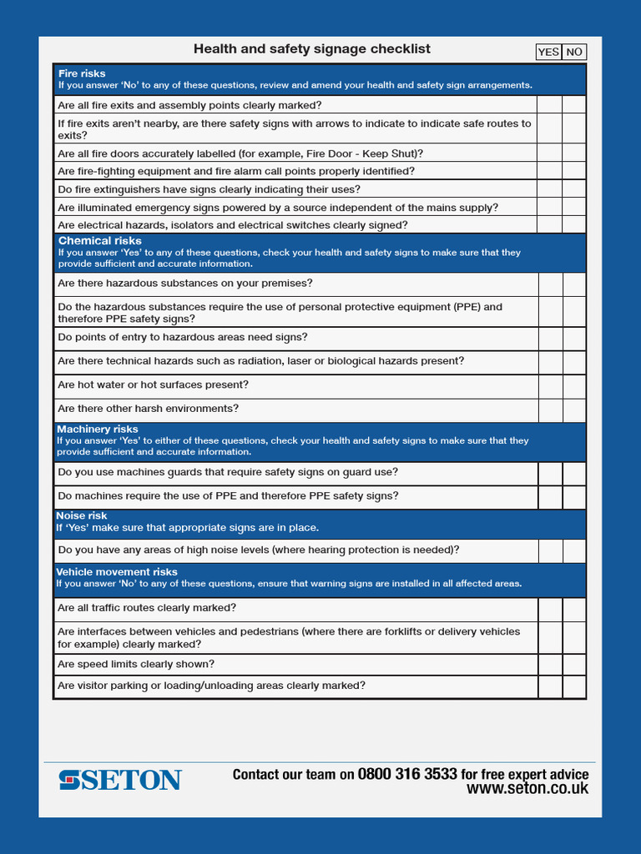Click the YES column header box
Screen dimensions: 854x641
[548, 52]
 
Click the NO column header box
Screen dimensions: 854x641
[574, 52]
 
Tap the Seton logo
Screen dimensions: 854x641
[120, 781]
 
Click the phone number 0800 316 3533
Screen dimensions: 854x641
[407, 774]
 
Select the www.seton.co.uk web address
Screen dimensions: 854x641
[527, 789]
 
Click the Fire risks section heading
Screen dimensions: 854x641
[82, 73]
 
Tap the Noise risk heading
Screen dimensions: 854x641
[82, 516]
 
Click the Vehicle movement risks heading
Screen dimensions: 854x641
[117, 572]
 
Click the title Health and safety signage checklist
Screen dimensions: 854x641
[312, 49]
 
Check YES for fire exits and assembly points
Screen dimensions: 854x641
[549, 105]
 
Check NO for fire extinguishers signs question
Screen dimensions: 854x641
[574, 189]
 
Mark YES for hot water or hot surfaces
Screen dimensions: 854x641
[550, 385]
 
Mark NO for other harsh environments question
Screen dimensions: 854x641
[574, 409]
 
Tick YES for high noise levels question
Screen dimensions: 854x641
[550, 550]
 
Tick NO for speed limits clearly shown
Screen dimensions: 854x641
[574, 665]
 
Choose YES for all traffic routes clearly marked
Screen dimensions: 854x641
[550, 609]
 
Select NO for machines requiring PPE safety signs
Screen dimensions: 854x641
[574, 496]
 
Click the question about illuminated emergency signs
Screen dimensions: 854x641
[278, 208]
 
